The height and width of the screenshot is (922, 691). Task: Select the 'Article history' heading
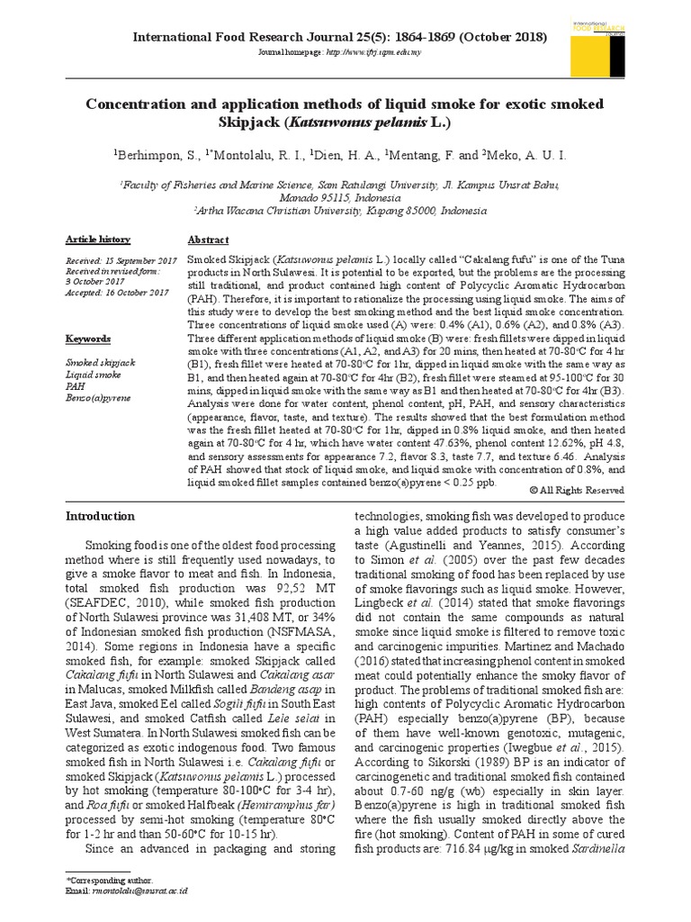pos(98,240)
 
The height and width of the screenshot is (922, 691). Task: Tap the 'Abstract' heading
pos(208,240)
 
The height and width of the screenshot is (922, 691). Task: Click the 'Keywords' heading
pos(88,339)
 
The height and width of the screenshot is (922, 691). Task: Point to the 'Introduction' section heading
pos(101,517)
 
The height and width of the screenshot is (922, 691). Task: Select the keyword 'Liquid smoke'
pos(91,372)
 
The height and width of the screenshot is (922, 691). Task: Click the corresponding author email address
pos(140,890)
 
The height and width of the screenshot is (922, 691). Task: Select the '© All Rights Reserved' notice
pos(576,489)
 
